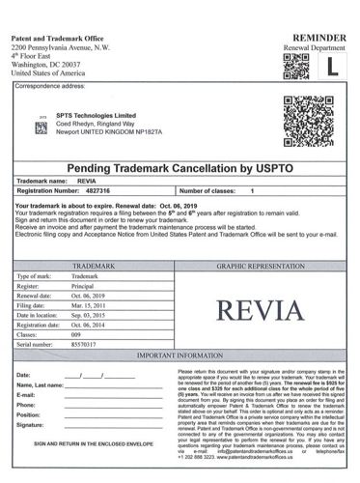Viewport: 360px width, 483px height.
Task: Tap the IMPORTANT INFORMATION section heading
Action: (x=180, y=357)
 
